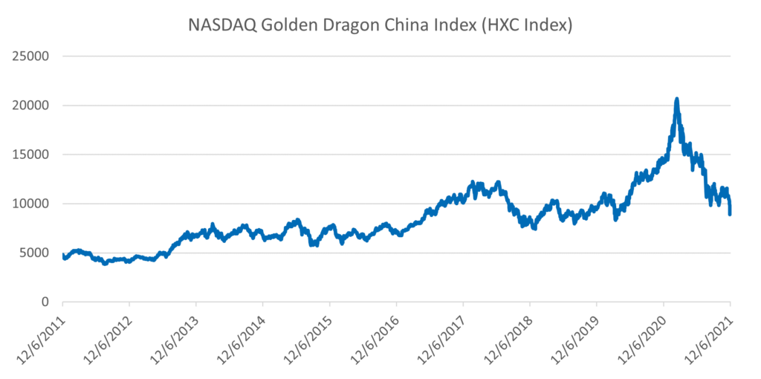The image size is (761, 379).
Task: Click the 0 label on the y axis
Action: pyautogui.click(x=45, y=302)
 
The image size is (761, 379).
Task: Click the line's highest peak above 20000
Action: pyautogui.click(x=676, y=99)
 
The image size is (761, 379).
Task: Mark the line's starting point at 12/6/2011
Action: pyautogui.click(x=63, y=255)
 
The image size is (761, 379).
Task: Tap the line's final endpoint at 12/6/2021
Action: pyautogui.click(x=730, y=213)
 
